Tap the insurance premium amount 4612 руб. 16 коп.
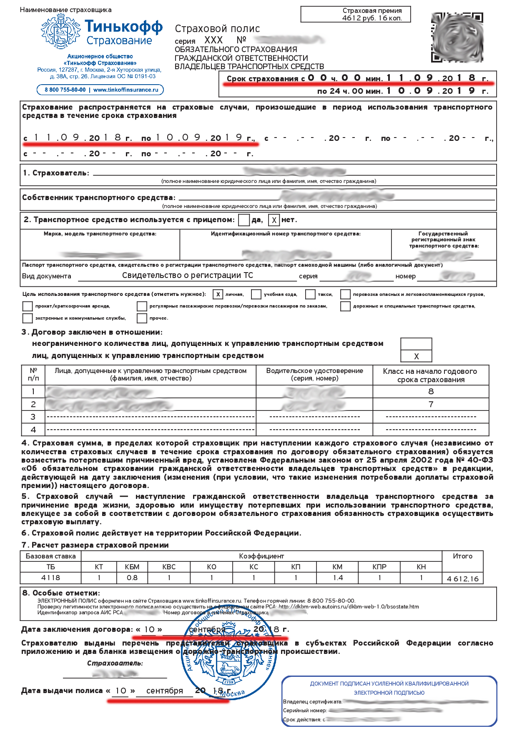tap(372, 18)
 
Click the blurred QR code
tap(457, 38)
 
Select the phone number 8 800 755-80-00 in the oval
tap(65, 90)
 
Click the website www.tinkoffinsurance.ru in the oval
tap(126, 90)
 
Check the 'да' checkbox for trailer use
tap(244, 220)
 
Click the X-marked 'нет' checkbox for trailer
tap(274, 220)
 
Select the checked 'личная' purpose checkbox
tap(218, 294)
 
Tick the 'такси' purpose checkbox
tap(310, 294)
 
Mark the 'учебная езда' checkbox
tap(256, 294)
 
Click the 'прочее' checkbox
tap(142, 318)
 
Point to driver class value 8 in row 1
tap(431, 391)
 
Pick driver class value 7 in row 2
tap(431, 404)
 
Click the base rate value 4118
tap(50, 578)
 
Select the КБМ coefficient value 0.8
tap(132, 578)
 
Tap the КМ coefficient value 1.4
tap(338, 578)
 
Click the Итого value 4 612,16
tap(462, 578)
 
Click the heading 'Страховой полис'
tap(217, 29)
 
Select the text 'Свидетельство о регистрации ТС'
tap(187, 275)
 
